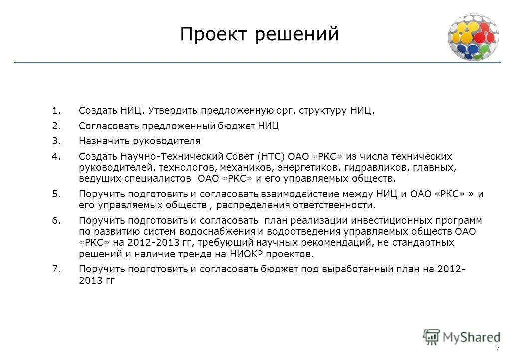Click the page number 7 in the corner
point(497,348)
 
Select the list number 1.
point(55,110)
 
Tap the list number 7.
point(55,269)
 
